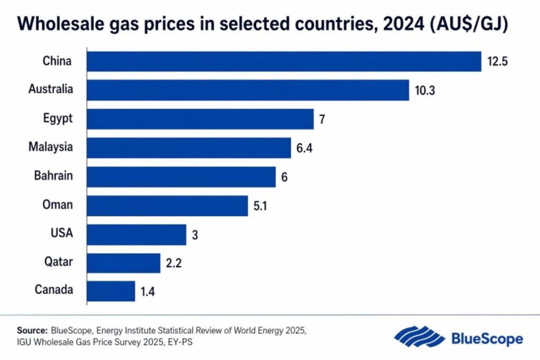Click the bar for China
click(284, 61)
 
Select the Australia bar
click(248, 90)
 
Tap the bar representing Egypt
click(200, 119)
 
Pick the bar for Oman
click(167, 205)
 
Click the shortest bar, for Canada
click(111, 291)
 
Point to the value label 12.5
click(497, 62)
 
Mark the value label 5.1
click(261, 206)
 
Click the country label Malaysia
click(51, 148)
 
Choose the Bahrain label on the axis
click(53, 177)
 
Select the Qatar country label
click(59, 262)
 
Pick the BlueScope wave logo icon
click(419, 338)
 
